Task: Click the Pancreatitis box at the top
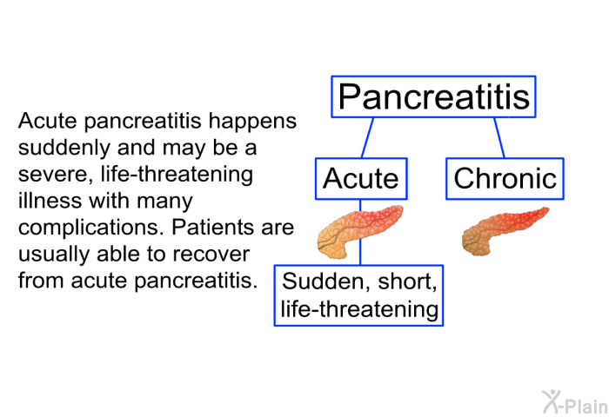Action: (x=433, y=96)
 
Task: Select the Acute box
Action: (x=361, y=179)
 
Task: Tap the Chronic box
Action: (x=505, y=179)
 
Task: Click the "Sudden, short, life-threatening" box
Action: (x=358, y=295)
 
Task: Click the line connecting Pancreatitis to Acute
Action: (x=367, y=138)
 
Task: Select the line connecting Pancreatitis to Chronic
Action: (x=499, y=138)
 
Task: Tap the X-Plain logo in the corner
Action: (x=575, y=402)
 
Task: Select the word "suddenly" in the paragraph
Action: (x=64, y=149)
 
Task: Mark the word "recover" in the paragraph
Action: (x=211, y=255)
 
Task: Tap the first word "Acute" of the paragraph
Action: (x=47, y=121)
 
